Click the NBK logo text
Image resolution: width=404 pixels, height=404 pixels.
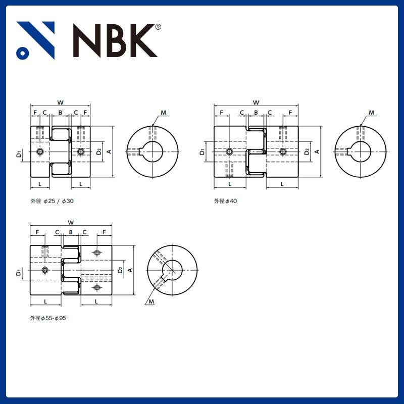pos(114,40)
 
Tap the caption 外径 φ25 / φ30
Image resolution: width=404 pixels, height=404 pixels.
pos(52,201)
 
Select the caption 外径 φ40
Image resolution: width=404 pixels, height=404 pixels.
pos(225,201)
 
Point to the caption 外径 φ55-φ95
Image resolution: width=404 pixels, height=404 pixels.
pos(48,319)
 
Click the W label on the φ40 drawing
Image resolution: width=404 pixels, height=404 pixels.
pos(256,103)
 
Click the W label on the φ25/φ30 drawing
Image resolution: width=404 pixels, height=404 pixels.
pos(60,103)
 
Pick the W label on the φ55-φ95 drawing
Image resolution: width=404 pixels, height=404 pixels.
pos(71,222)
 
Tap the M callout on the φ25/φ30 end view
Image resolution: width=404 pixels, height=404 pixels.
pos(163,112)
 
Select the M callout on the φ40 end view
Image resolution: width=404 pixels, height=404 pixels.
pos(371,112)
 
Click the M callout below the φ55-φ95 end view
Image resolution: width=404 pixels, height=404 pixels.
pos(151,302)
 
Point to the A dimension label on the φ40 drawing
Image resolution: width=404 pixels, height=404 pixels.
pos(317,151)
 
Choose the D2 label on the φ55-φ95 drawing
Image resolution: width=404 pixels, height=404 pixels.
pos(120,270)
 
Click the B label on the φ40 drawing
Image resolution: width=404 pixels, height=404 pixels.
pos(256,113)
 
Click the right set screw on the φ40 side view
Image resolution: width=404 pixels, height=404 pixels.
pos(282,151)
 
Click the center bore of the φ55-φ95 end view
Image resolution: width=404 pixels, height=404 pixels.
pos(173,271)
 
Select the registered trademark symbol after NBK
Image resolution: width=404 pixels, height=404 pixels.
pos(158,27)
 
